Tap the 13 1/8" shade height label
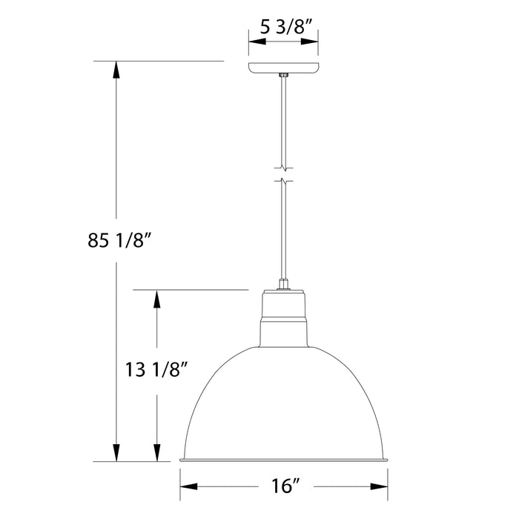[156, 366]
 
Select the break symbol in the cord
[283, 173]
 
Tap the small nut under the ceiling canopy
[283, 76]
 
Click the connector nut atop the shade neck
[283, 283]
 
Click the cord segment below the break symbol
[283, 230]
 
